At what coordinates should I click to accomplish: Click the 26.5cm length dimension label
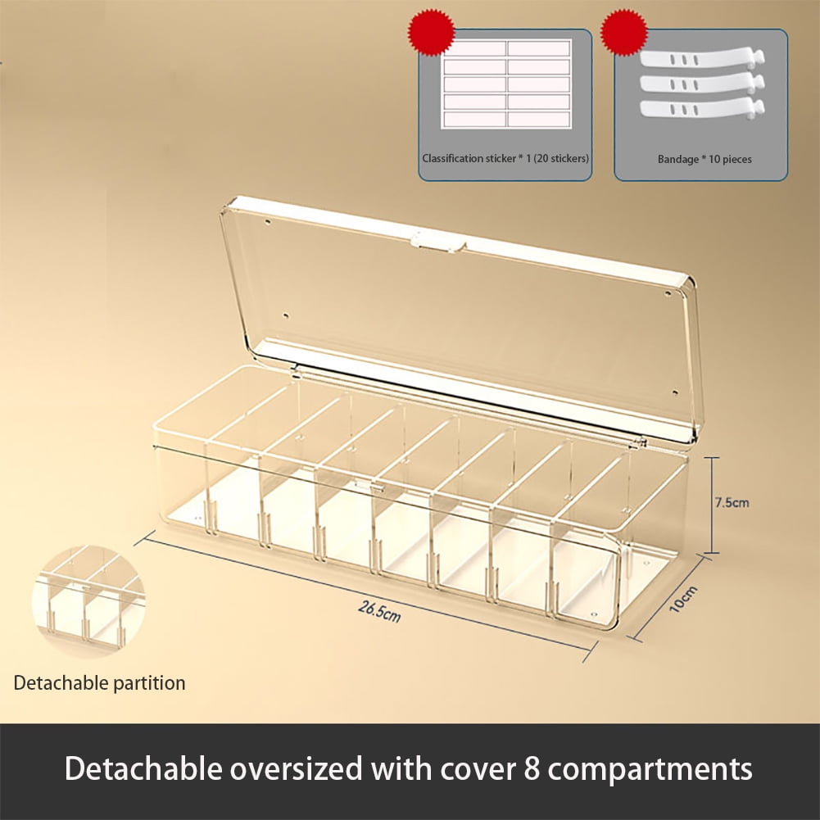tap(379, 611)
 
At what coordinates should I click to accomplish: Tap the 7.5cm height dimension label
tap(732, 502)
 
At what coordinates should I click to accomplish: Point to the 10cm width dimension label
tap(683, 600)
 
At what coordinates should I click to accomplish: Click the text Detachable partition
tap(99, 683)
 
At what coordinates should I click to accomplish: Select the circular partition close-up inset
tap(88, 600)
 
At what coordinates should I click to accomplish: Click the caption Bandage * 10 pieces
tap(704, 159)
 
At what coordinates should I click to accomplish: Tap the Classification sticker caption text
tap(505, 158)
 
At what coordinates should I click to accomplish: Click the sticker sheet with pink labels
tap(506, 84)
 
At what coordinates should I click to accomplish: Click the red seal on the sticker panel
tap(432, 31)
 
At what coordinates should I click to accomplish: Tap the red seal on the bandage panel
tap(624, 31)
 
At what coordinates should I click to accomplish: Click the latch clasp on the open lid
tap(438, 242)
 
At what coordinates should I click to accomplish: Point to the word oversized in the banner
tap(296, 769)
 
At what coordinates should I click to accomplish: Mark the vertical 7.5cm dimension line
tap(711, 505)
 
